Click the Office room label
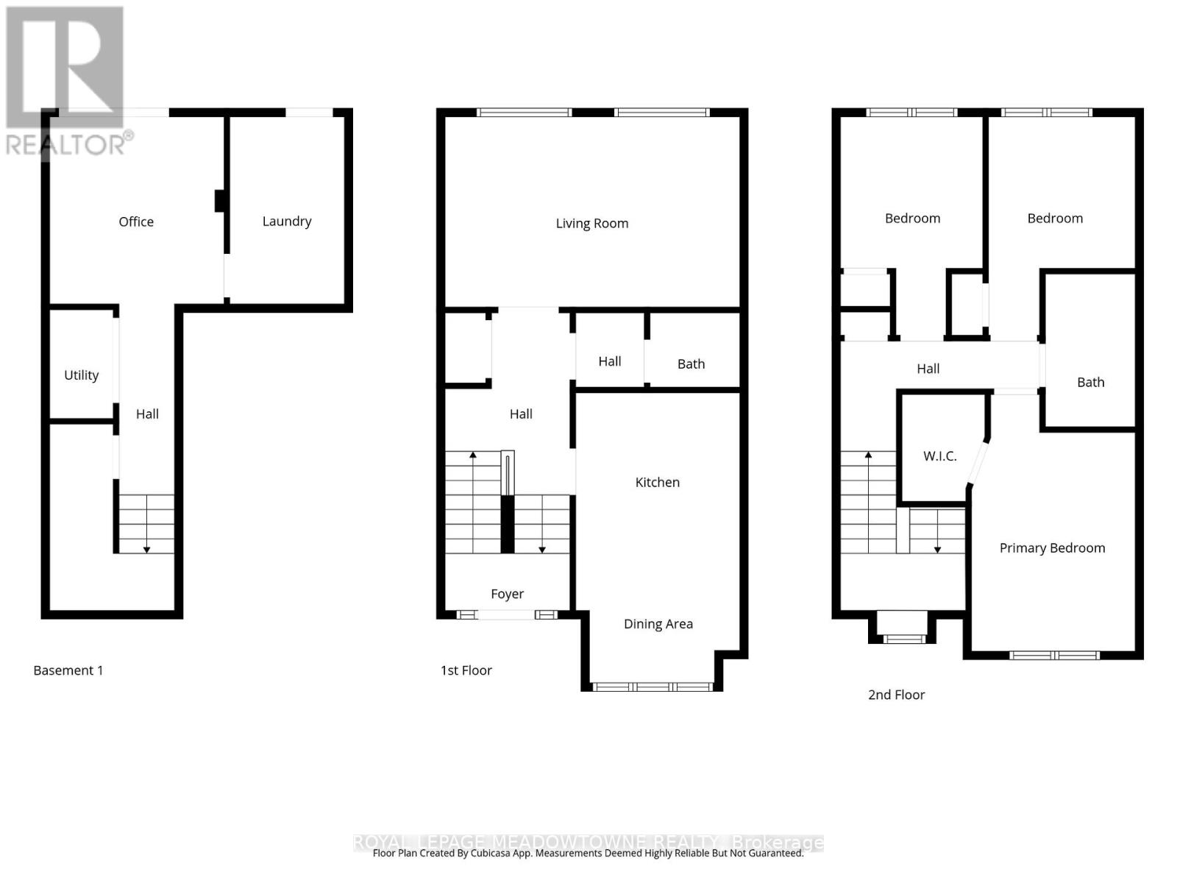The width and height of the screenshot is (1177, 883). click(136, 221)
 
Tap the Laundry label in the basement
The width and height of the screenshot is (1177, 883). click(287, 221)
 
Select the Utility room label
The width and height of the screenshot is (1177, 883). click(81, 375)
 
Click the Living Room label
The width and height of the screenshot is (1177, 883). click(591, 223)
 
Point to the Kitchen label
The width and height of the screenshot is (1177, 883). click(657, 482)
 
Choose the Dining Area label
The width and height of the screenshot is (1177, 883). click(658, 623)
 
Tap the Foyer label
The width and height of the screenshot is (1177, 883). click(507, 593)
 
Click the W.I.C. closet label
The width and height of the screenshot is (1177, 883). click(939, 455)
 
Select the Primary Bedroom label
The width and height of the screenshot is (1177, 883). click(1052, 547)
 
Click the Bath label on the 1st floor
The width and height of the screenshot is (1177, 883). click(691, 364)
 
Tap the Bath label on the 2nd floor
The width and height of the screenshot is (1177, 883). click(1090, 382)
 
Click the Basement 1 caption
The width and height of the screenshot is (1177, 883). click(68, 670)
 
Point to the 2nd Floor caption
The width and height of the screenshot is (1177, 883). click(896, 694)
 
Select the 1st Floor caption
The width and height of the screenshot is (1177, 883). click(466, 670)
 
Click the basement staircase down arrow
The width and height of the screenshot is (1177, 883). click(146, 548)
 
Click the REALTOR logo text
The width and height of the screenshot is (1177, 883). click(69, 143)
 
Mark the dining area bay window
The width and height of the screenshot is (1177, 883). click(652, 687)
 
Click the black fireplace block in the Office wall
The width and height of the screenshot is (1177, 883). click(219, 201)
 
